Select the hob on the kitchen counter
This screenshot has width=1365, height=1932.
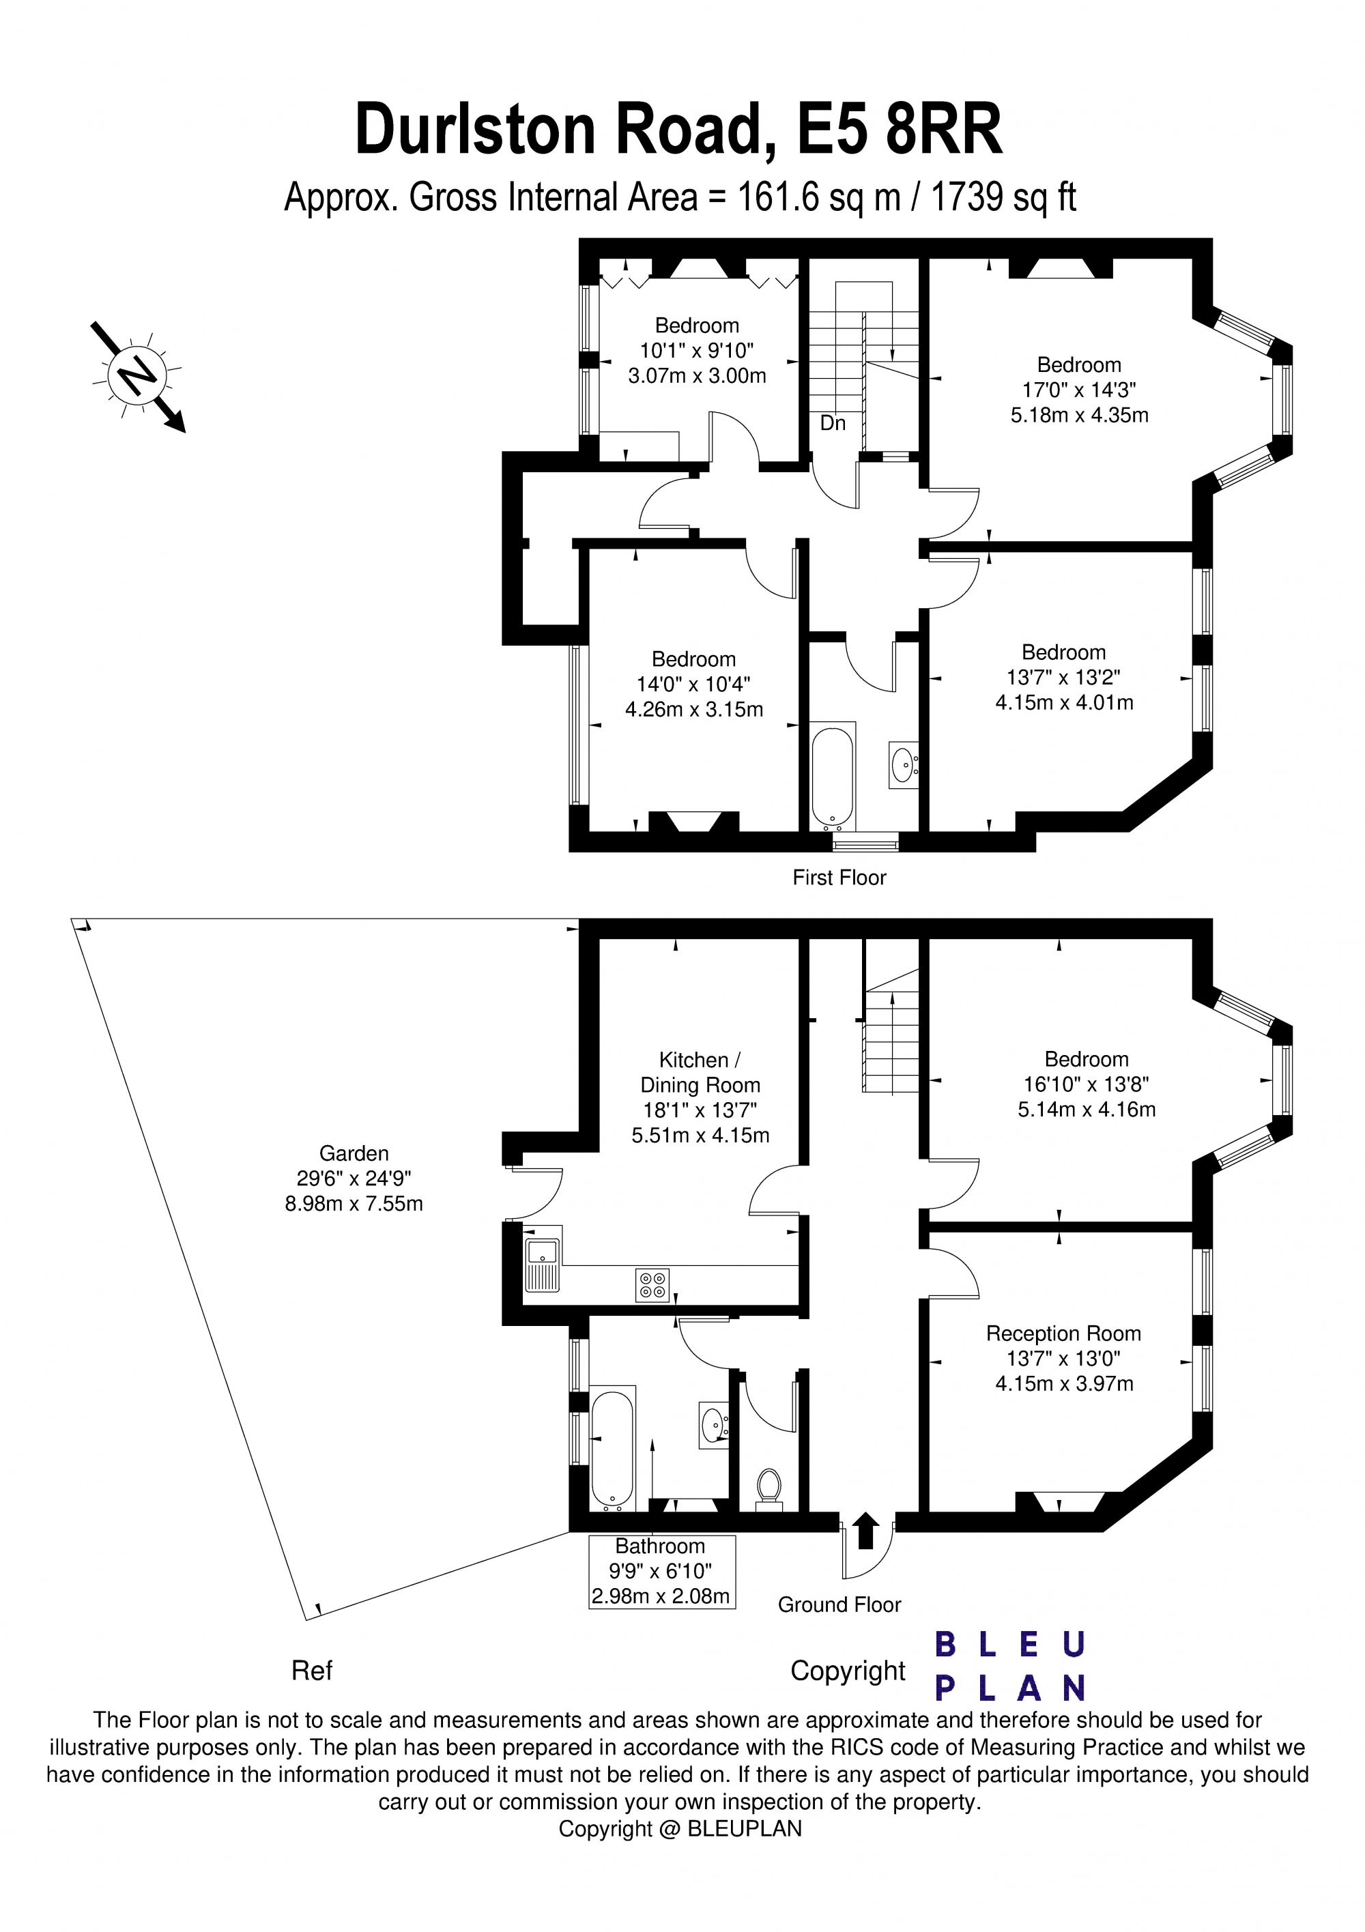652,1285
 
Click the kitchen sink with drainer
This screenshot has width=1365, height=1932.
542,1265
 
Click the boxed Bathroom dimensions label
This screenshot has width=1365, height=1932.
661,1571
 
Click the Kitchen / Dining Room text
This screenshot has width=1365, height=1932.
700,1073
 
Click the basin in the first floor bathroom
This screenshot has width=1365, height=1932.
903,765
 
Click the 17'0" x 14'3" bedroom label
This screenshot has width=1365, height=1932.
1079,390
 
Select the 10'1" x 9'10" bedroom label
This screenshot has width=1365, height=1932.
697,350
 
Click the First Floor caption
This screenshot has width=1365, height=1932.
839,878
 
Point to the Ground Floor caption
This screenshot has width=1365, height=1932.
839,1604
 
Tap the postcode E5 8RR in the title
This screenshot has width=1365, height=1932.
899,130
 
